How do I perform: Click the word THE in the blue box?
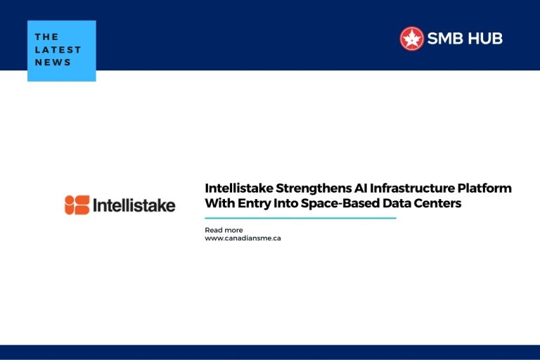click(x=46, y=37)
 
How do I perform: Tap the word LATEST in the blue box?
click(x=58, y=49)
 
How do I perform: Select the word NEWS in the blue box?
click(x=53, y=62)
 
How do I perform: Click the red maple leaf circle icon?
click(x=411, y=39)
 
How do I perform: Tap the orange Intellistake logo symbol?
click(x=77, y=205)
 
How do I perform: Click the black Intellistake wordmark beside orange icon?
click(x=134, y=205)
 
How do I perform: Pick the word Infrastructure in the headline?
click(x=399, y=188)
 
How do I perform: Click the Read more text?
click(x=224, y=230)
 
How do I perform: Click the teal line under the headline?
click(x=300, y=218)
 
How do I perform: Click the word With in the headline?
click(x=218, y=204)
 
